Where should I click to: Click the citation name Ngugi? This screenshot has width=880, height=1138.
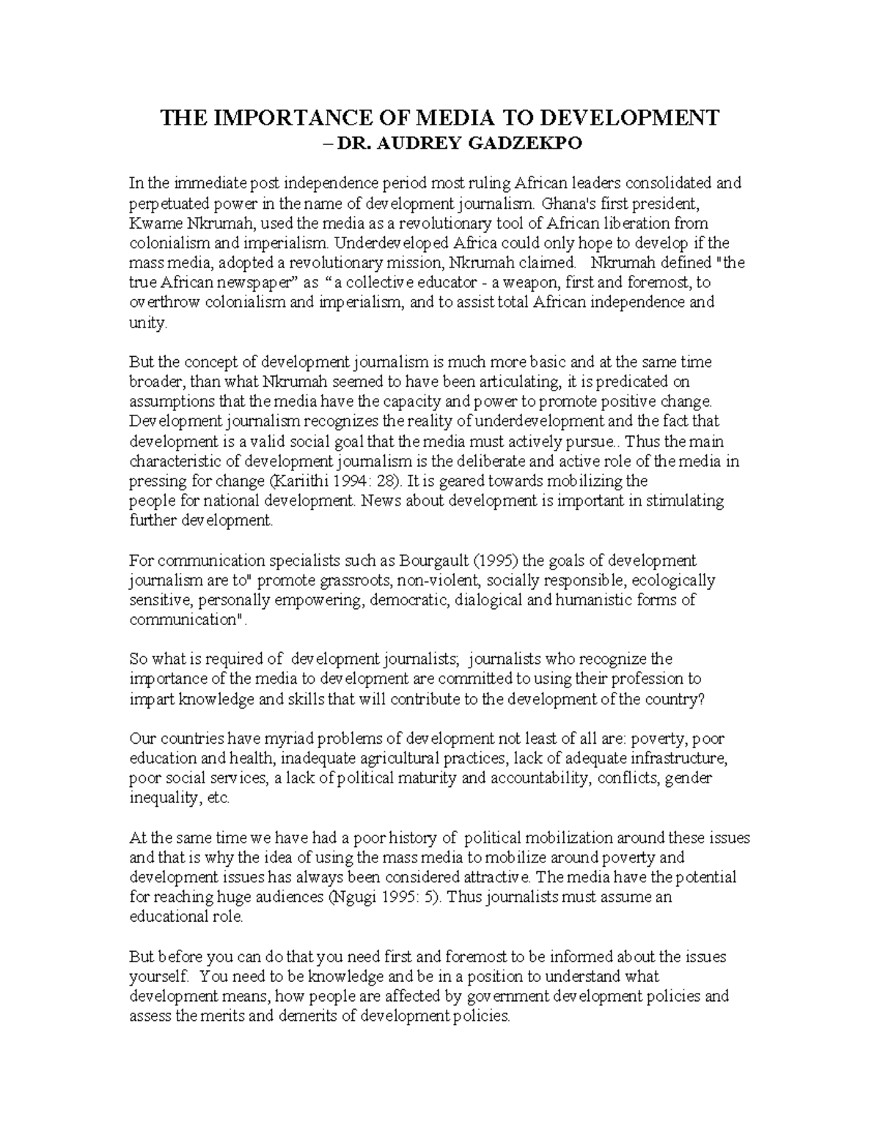353,898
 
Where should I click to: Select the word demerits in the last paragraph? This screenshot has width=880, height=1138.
307,1016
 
